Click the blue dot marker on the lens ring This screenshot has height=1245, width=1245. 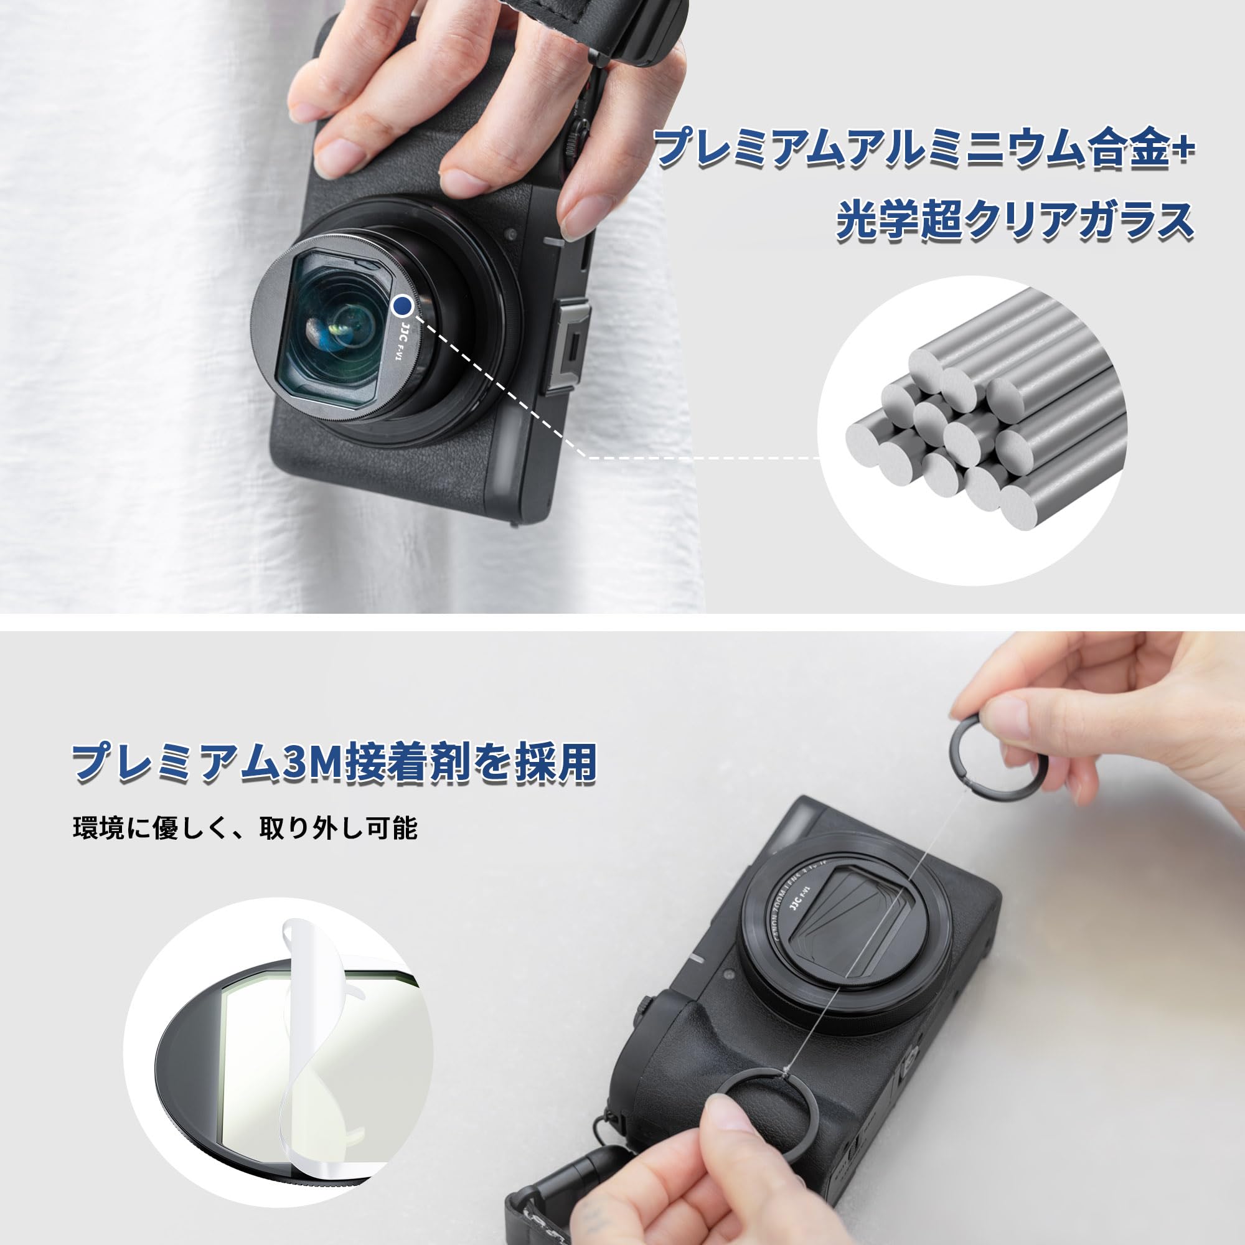[403, 303]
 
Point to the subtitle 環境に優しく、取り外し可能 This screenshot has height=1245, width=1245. [245, 829]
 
